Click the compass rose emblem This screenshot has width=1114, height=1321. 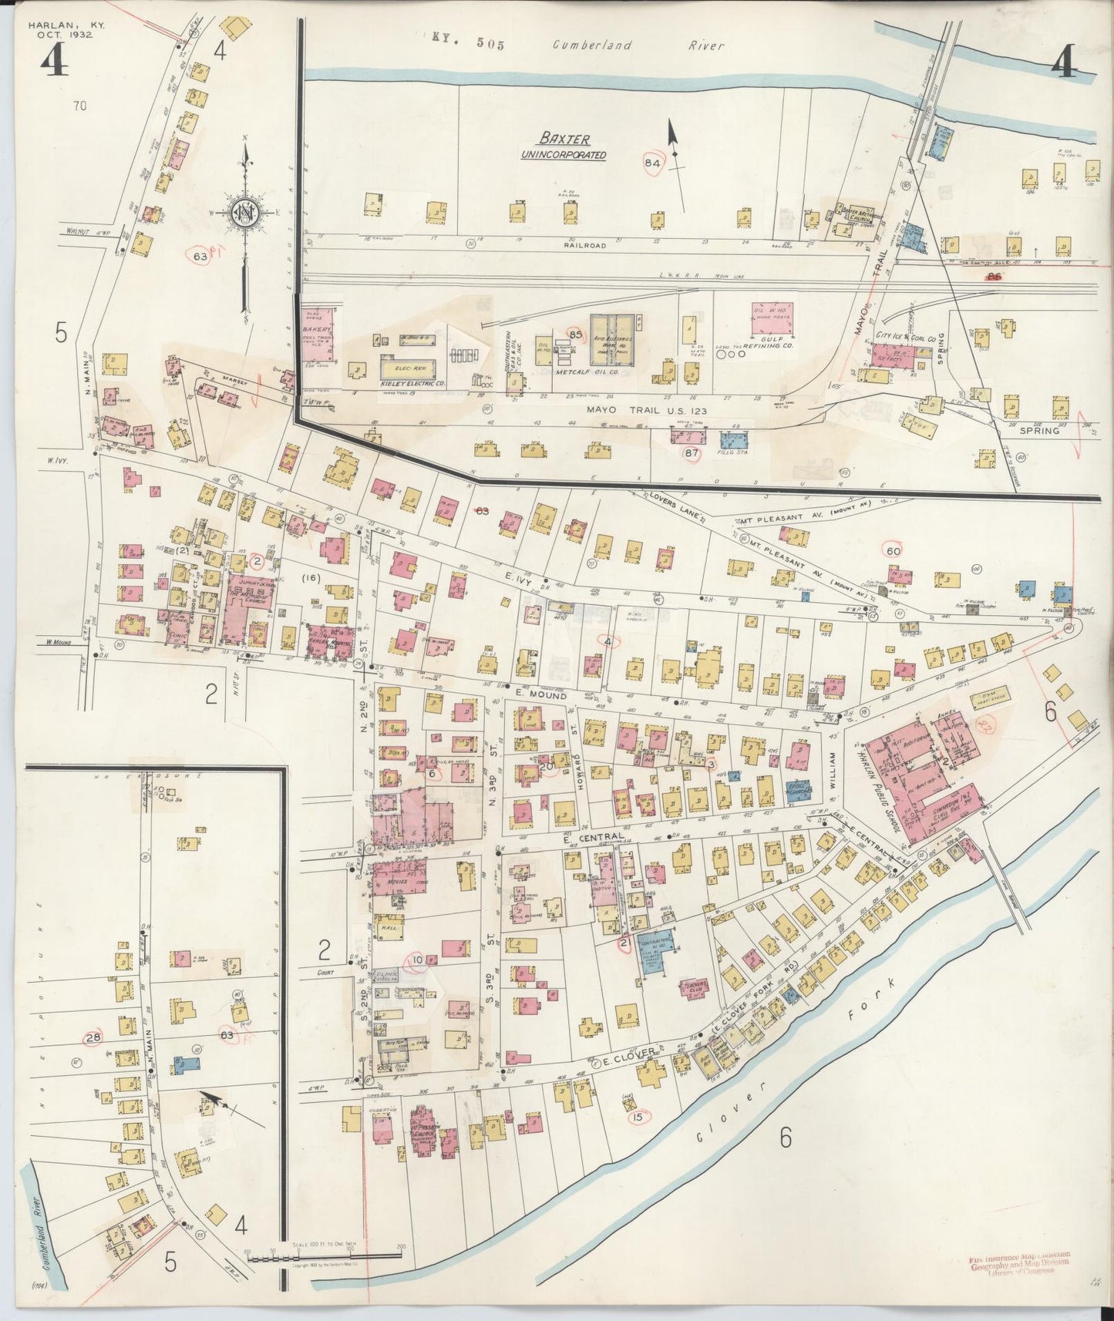pyautogui.click(x=244, y=213)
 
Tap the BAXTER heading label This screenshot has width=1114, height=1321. pyautogui.click(x=564, y=139)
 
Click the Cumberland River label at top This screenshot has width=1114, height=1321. pyautogui.click(x=638, y=45)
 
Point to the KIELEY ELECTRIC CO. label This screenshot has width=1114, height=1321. pyautogui.click(x=413, y=383)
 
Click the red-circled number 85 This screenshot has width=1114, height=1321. pyautogui.click(x=575, y=334)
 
